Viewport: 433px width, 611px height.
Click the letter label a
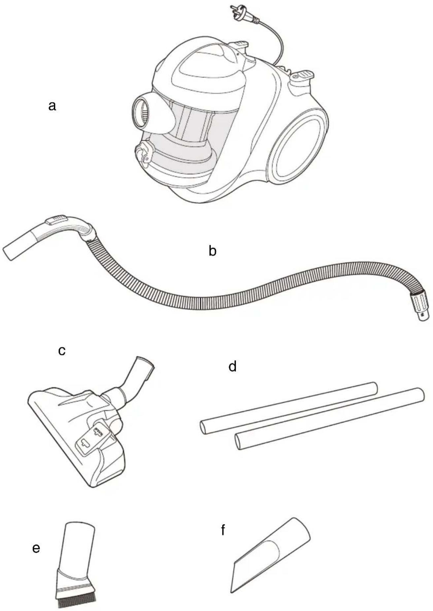(52, 106)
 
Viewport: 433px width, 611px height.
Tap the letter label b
(213, 251)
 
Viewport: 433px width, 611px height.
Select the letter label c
(62, 351)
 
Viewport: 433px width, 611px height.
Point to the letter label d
(233, 366)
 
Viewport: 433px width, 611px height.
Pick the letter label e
(36, 548)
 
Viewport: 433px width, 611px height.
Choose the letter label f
(223, 530)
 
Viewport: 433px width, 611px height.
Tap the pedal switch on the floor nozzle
(93, 437)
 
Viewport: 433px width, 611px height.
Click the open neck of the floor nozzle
(146, 362)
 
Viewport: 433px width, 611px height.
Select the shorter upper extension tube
(288, 408)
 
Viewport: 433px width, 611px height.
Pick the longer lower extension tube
(329, 419)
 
